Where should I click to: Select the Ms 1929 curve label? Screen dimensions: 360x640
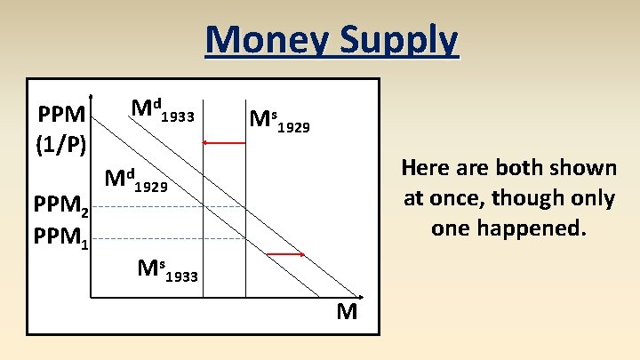point(279,121)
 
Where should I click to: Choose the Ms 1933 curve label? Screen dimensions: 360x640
point(167,268)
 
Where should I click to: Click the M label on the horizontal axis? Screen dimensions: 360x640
point(347,312)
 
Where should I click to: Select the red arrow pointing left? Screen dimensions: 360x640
point(223,142)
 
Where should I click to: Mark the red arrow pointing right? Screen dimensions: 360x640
point(285,255)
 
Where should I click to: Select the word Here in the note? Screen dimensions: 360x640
point(425,167)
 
